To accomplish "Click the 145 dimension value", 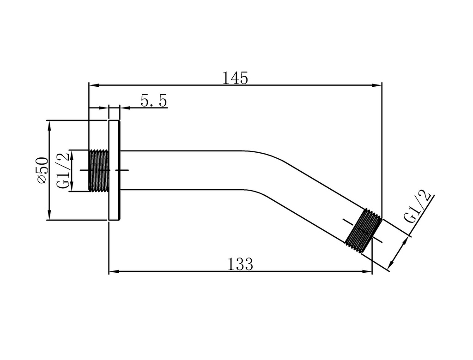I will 235,78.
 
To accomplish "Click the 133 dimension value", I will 240,264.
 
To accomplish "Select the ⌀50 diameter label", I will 42,170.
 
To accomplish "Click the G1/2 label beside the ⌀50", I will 63,170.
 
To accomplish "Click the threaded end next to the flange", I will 98,170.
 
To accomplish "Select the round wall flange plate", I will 114,170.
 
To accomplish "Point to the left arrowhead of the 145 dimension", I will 92,85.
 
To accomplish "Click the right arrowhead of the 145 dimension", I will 378,85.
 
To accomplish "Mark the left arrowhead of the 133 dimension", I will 113,271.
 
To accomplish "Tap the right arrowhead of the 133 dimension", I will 368,271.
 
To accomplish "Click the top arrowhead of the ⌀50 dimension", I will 49,124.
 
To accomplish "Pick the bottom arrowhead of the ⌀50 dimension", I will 49,216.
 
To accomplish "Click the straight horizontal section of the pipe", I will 185,170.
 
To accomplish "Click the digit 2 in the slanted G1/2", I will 427,196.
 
